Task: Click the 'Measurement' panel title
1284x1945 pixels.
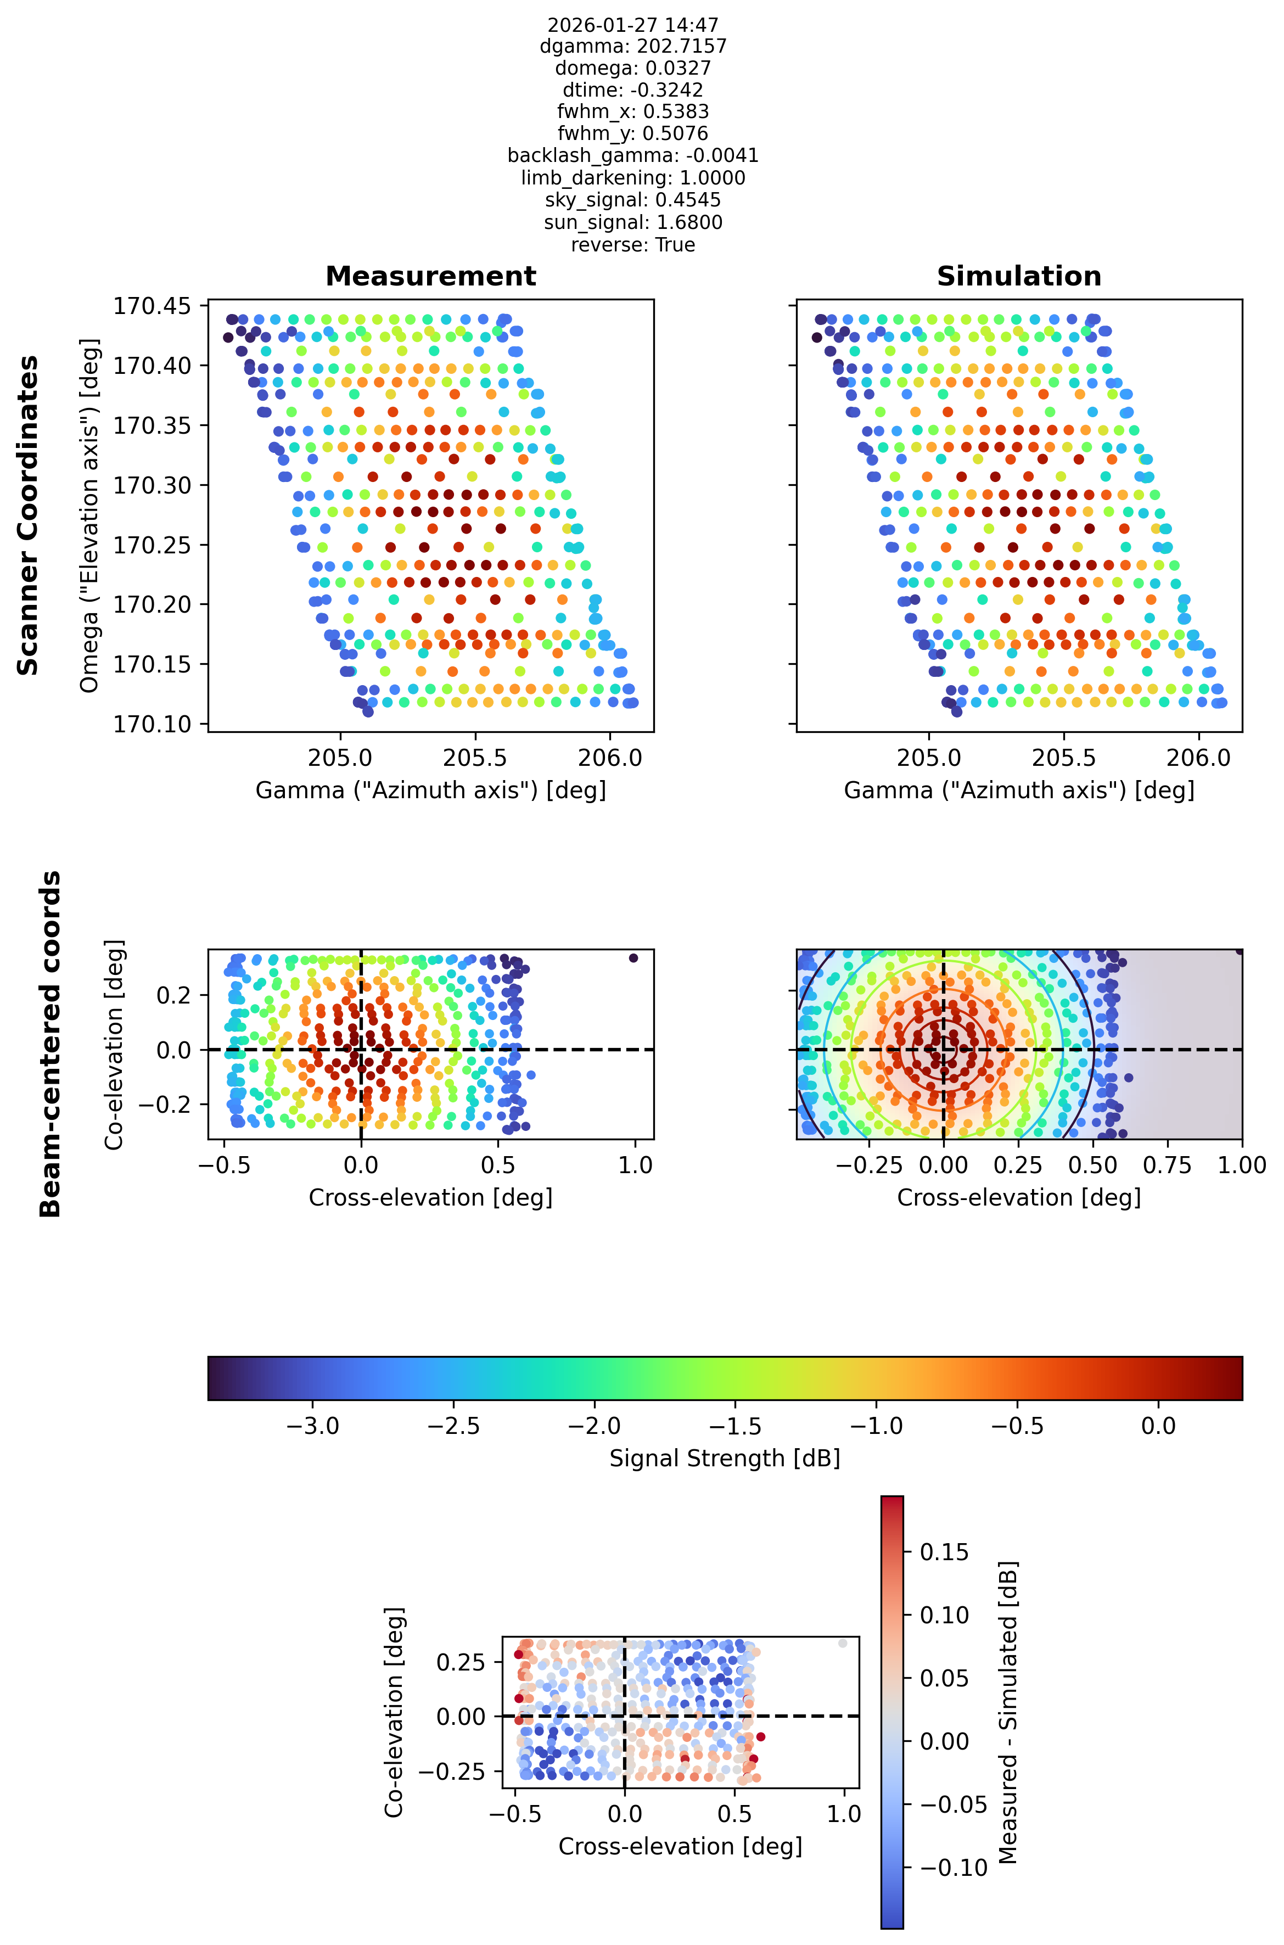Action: (431, 277)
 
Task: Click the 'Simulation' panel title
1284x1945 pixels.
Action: (1019, 277)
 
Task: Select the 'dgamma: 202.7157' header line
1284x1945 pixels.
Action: (633, 47)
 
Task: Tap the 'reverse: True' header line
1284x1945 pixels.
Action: (633, 245)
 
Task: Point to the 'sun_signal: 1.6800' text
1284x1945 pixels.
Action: (633, 223)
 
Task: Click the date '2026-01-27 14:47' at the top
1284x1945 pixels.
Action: (633, 25)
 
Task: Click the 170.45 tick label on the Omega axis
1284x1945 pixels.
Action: (152, 306)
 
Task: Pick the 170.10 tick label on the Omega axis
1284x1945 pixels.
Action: (152, 724)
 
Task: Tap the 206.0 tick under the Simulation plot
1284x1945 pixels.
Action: (1198, 758)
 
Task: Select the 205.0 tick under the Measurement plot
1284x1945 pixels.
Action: (340, 758)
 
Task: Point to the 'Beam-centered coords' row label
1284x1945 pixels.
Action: (51, 1044)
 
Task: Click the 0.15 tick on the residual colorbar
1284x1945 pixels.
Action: (944, 1552)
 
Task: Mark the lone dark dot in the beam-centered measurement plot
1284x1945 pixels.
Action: (633, 957)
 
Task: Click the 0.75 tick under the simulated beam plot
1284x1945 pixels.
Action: (1167, 1165)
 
